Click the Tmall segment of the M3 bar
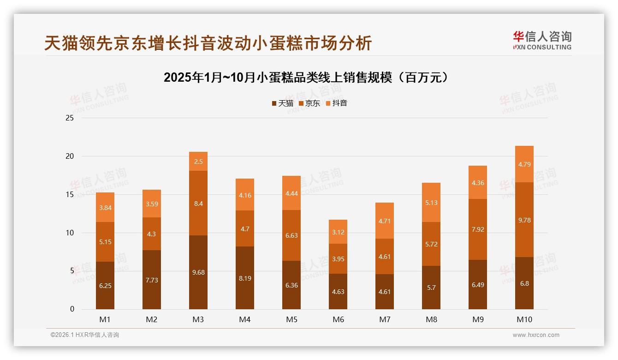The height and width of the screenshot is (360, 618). [x=198, y=272]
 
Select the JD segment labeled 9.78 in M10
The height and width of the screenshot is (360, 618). [x=524, y=220]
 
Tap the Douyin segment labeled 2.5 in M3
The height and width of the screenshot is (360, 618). [x=198, y=162]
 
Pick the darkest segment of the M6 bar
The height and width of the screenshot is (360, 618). [x=338, y=292]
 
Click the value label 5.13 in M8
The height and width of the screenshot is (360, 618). [x=431, y=202]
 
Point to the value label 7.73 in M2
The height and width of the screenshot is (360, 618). [x=152, y=280]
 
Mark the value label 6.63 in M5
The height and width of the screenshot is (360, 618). [x=291, y=235]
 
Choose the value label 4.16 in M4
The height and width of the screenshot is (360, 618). [x=245, y=195]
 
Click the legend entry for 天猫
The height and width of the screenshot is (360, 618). [x=282, y=103]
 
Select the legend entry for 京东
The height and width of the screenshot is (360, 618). [x=309, y=103]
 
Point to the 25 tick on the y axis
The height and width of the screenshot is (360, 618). [x=70, y=118]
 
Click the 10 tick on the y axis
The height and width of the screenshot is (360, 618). [x=70, y=233]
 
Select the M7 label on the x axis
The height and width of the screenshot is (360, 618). [x=385, y=319]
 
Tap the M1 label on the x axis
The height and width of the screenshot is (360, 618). [x=105, y=319]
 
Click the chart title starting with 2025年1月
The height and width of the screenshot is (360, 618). [x=306, y=78]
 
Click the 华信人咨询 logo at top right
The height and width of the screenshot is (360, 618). [x=542, y=40]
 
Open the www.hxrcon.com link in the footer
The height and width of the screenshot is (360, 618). [x=536, y=335]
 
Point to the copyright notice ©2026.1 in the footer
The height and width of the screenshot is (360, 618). [x=85, y=335]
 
